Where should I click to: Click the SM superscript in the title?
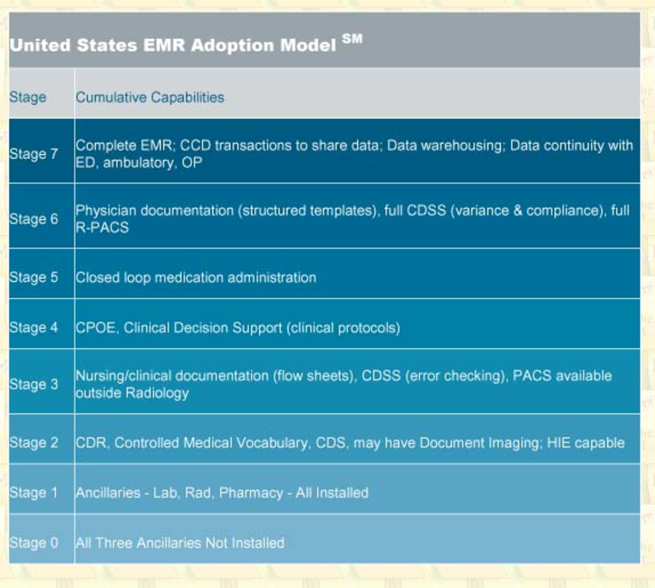(x=352, y=39)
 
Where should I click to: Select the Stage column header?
(x=28, y=97)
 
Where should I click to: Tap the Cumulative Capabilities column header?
(x=150, y=97)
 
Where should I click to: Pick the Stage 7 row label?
(x=34, y=154)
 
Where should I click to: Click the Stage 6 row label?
(x=34, y=219)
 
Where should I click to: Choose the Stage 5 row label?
(x=34, y=277)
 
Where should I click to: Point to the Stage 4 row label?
(x=34, y=327)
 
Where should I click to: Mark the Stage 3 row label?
(x=34, y=384)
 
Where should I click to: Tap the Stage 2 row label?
(x=34, y=442)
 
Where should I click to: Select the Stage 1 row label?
(x=34, y=492)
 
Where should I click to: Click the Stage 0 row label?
(x=34, y=542)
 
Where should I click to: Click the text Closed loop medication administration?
(x=196, y=277)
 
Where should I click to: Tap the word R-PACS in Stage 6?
(x=102, y=227)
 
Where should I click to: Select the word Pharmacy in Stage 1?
(x=251, y=493)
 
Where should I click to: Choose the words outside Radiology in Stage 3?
(x=132, y=393)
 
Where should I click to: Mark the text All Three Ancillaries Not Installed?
(x=180, y=542)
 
